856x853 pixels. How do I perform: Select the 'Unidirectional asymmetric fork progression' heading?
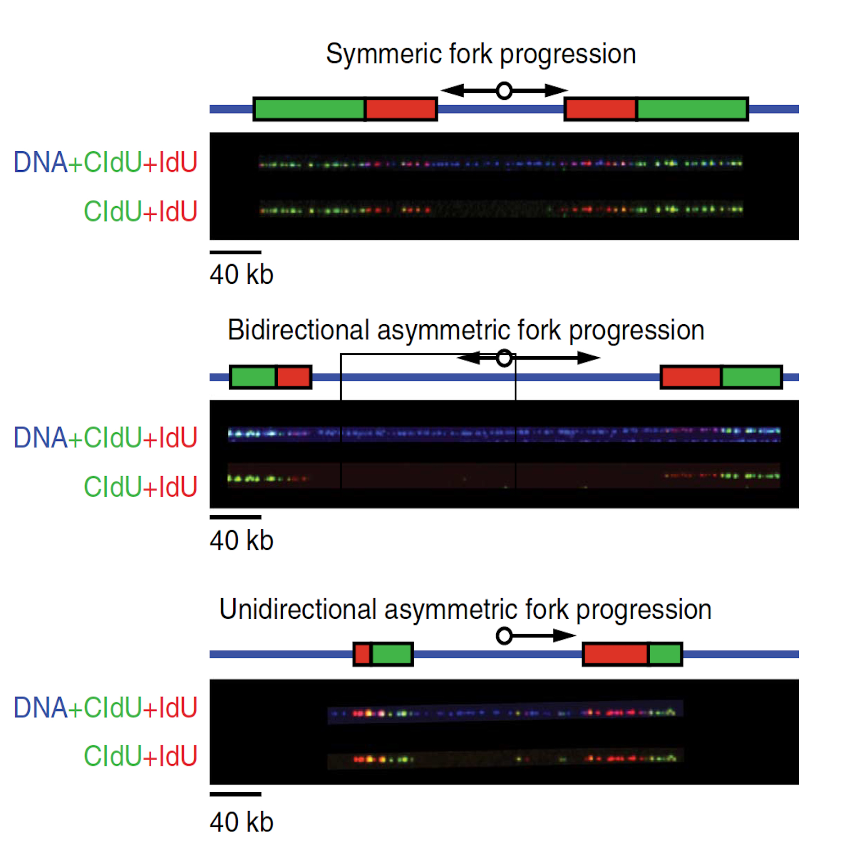pyautogui.click(x=465, y=610)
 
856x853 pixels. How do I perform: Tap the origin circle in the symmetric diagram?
pyautogui.click(x=504, y=91)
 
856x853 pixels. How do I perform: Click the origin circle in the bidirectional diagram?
pyautogui.click(x=504, y=358)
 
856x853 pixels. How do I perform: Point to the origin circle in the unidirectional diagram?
pyautogui.click(x=504, y=636)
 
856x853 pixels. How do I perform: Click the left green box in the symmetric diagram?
pyautogui.click(x=309, y=109)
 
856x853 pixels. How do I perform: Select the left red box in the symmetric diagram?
pyautogui.click(x=401, y=109)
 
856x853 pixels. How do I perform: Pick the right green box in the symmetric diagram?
pyautogui.click(x=693, y=109)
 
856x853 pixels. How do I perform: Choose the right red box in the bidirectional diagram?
pyautogui.click(x=691, y=377)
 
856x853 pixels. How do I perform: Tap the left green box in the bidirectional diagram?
pyautogui.click(x=253, y=377)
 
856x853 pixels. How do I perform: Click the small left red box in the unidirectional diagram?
pyautogui.click(x=362, y=654)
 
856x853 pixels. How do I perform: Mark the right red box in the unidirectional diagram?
pyautogui.click(x=616, y=654)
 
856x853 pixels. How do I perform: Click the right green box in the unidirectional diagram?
pyautogui.click(x=666, y=654)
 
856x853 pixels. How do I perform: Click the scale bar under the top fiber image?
pyautogui.click(x=236, y=252)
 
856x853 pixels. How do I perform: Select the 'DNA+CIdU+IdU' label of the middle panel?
pyautogui.click(x=106, y=438)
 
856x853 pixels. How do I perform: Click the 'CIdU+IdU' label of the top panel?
pyautogui.click(x=141, y=211)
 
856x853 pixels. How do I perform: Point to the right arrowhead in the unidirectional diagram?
pyautogui.click(x=565, y=635)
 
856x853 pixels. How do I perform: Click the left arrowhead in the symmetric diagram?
pyautogui.click(x=452, y=91)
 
